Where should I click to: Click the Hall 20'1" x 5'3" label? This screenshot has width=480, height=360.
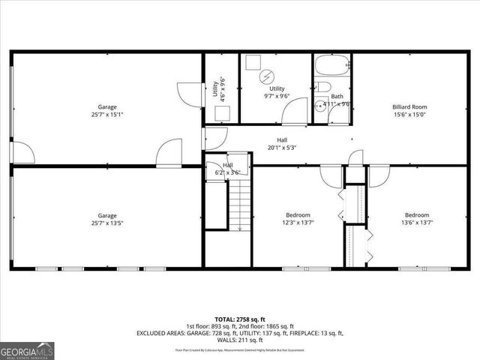click(x=282, y=148)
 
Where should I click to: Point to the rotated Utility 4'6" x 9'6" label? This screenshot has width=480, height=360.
click(x=218, y=90)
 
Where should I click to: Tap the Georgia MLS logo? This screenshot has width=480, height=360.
click(x=26, y=349)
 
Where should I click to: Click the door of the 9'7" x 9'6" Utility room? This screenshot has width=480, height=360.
click(x=295, y=113)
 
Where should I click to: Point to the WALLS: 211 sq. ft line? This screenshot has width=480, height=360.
click(x=240, y=340)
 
